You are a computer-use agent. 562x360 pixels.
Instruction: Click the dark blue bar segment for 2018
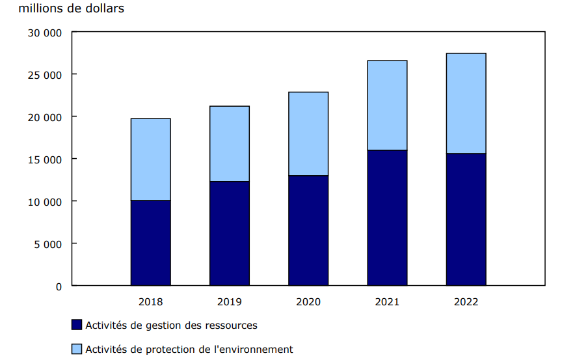pyautogui.click(x=150, y=243)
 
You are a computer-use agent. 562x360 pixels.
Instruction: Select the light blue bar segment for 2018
pyautogui.click(x=150, y=159)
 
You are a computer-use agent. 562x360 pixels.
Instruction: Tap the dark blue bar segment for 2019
pyautogui.click(x=229, y=233)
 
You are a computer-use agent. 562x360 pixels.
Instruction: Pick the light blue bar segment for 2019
pyautogui.click(x=229, y=144)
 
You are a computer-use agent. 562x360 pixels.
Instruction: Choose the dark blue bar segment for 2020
pyautogui.click(x=308, y=230)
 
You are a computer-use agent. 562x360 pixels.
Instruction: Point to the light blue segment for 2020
pyautogui.click(x=308, y=134)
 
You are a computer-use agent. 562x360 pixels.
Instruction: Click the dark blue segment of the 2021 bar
pyautogui.click(x=387, y=217)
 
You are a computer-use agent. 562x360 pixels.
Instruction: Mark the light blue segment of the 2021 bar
pyautogui.click(x=387, y=105)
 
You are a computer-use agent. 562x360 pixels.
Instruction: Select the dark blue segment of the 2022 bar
pyautogui.click(x=466, y=219)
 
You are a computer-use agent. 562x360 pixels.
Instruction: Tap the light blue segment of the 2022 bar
pyautogui.click(x=466, y=104)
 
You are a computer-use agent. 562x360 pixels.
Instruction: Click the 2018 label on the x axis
pyautogui.click(x=150, y=302)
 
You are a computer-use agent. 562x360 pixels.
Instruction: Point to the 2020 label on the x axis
pyautogui.click(x=308, y=302)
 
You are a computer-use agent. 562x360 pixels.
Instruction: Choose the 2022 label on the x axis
pyautogui.click(x=466, y=302)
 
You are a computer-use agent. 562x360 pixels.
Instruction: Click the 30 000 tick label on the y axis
pyautogui.click(x=45, y=33)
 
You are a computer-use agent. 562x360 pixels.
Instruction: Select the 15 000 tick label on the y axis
pyautogui.click(x=45, y=159)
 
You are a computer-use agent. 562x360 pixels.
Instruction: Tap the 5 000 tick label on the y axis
pyautogui.click(x=48, y=244)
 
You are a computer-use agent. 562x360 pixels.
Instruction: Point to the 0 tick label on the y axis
pyautogui.click(x=59, y=286)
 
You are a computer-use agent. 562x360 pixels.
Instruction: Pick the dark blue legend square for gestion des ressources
pyautogui.click(x=76, y=325)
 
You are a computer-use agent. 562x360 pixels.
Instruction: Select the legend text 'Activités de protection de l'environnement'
pyautogui.click(x=189, y=350)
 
